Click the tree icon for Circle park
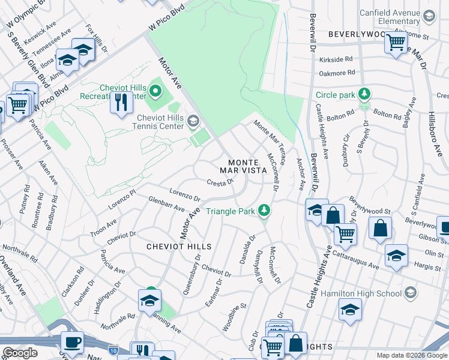(x=364, y=94)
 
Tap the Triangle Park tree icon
(x=263, y=211)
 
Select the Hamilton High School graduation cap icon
(x=411, y=293)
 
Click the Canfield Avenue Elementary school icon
(x=429, y=17)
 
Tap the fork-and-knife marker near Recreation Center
(x=121, y=102)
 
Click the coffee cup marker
(x=72, y=341)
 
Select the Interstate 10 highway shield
(x=113, y=349)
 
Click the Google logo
(x=20, y=353)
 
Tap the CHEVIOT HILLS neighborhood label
(x=179, y=247)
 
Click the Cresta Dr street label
(x=220, y=182)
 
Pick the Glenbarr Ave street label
(x=166, y=206)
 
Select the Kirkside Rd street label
(x=336, y=60)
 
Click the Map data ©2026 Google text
(x=411, y=355)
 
